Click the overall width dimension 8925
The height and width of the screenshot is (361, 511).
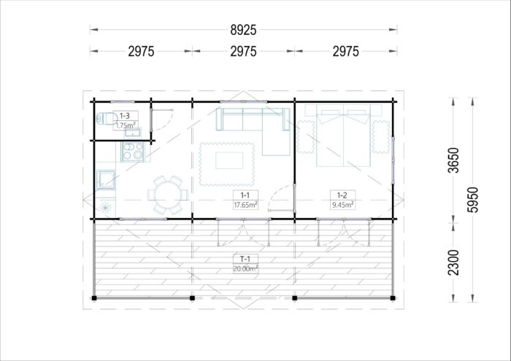(x=243, y=30)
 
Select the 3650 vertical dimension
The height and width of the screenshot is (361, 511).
(x=453, y=160)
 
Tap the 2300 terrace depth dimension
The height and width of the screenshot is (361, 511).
(x=453, y=263)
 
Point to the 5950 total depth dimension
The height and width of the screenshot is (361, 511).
(x=472, y=200)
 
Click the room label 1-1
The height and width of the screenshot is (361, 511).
(x=245, y=195)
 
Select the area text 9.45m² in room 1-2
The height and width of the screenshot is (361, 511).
(x=343, y=205)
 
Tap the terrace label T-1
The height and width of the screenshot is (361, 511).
(x=245, y=259)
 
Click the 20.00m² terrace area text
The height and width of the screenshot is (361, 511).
(x=245, y=268)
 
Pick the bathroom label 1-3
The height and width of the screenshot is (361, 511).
(x=125, y=115)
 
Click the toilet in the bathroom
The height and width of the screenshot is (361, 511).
(x=107, y=118)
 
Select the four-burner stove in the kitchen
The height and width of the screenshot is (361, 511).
(x=133, y=152)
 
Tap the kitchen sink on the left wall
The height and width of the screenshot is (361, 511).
(x=106, y=179)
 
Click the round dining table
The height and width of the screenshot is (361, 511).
(x=168, y=195)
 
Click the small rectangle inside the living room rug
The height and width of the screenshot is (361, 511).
(x=229, y=160)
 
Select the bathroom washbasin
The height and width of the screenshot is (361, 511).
(x=133, y=133)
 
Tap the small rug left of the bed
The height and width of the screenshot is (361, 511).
(x=306, y=136)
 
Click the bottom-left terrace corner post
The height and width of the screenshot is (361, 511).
(x=94, y=298)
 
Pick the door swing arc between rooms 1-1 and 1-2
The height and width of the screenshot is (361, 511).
(x=277, y=195)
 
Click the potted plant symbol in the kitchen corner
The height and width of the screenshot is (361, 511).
(x=106, y=206)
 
